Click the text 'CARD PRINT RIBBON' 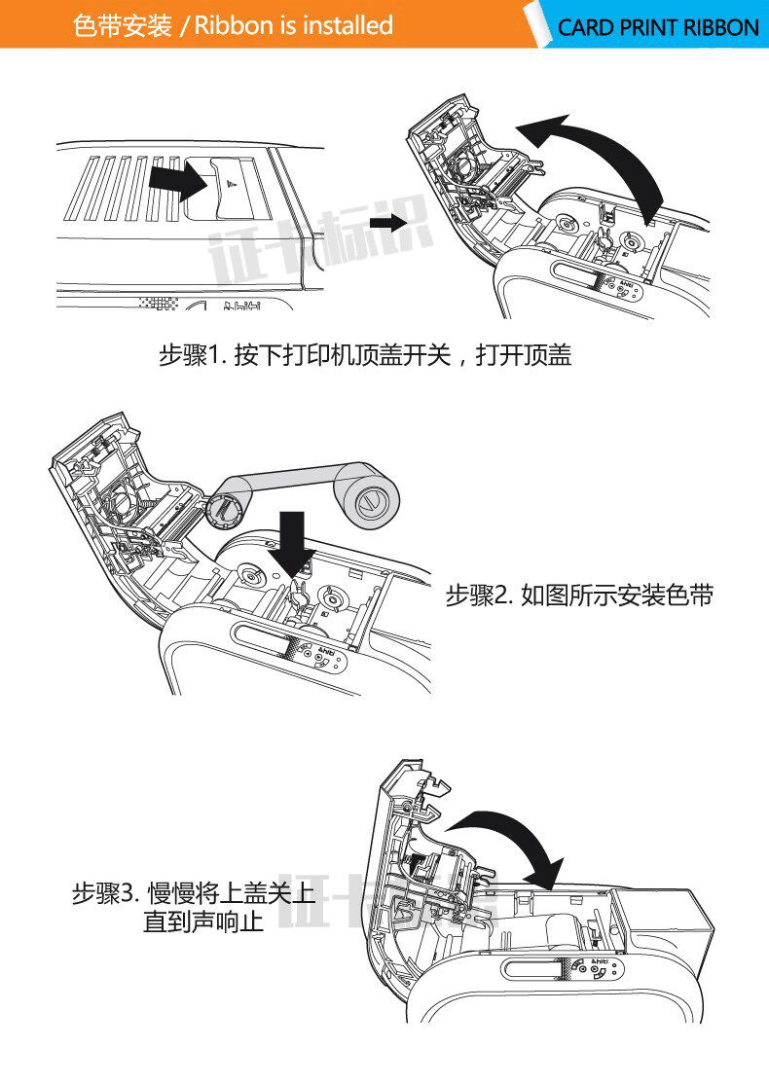tap(657, 27)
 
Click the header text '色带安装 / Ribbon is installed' tap(234, 25)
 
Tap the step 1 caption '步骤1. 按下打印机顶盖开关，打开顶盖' tap(365, 356)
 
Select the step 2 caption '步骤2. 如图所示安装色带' tap(579, 596)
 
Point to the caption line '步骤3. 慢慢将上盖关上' tap(194, 892)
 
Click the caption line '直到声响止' tap(203, 921)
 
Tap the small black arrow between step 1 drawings tap(388, 223)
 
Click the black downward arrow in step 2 tap(291, 541)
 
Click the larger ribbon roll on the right tap(368, 501)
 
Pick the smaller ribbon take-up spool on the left tap(225, 507)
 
